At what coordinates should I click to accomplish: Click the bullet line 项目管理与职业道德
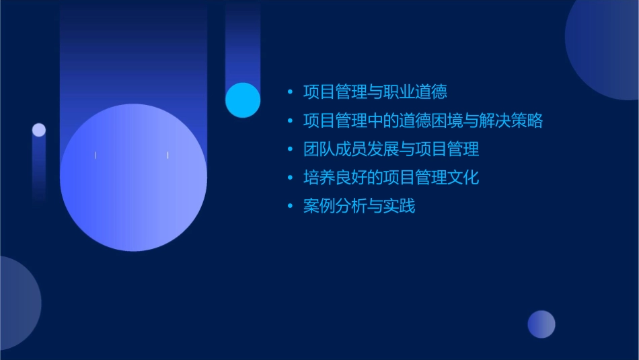(375, 92)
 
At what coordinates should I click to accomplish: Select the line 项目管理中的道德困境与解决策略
(422, 120)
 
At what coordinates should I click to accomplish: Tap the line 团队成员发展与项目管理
(391, 149)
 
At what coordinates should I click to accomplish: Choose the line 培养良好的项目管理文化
(391, 178)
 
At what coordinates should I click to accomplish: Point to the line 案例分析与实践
(359, 206)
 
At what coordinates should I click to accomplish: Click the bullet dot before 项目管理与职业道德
(290, 92)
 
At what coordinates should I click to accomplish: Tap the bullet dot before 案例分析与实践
(290, 207)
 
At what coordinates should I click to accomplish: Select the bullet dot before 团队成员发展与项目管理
(290, 149)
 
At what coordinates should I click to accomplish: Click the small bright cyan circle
(243, 100)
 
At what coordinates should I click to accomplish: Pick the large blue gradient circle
(133, 177)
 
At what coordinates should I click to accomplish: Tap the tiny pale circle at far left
(39, 130)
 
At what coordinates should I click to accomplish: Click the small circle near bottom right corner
(541, 324)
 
